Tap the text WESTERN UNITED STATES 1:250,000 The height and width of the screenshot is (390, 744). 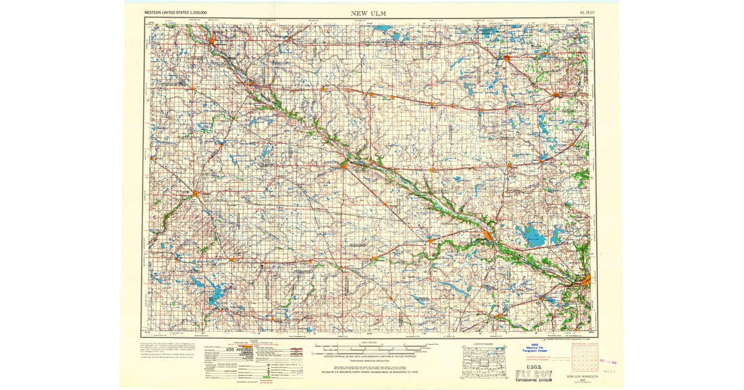tap(175, 12)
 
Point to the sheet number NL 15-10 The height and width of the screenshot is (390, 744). tap(579, 12)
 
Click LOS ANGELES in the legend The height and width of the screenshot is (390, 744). tap(239, 350)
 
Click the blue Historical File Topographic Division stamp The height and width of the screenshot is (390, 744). tap(535, 349)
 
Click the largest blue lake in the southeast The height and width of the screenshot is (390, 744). tap(533, 236)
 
